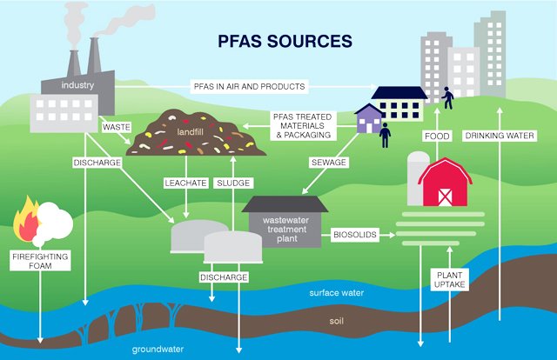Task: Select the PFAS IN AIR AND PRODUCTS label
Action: point(249,86)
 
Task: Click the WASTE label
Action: point(116,127)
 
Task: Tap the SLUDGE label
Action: point(232,183)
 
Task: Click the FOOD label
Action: point(436,137)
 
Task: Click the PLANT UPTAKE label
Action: point(451,279)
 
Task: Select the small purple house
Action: point(369,120)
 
